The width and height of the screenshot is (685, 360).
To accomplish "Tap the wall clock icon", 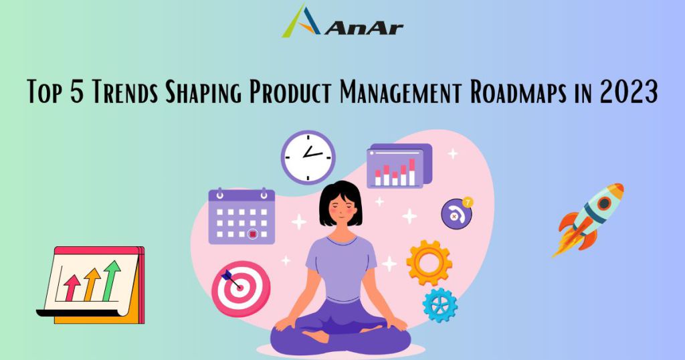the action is click(308, 157).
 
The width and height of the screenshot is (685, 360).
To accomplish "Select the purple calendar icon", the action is click(241, 216).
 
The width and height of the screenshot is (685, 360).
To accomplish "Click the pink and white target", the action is click(241, 288).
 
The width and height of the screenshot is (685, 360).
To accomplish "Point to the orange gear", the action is click(429, 262).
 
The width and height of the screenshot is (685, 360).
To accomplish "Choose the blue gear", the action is click(439, 305).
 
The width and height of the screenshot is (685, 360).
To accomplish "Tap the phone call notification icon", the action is click(457, 213).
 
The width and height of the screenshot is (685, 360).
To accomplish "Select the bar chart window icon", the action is click(399, 166).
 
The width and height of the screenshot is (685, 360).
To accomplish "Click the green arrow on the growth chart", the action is click(112, 280).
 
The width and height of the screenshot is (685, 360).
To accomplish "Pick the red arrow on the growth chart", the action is click(72, 288).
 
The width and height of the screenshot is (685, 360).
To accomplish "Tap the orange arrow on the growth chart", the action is click(92, 284).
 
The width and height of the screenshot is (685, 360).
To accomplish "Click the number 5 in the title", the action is click(77, 92).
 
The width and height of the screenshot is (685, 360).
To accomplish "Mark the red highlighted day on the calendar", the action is click(252, 234).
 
